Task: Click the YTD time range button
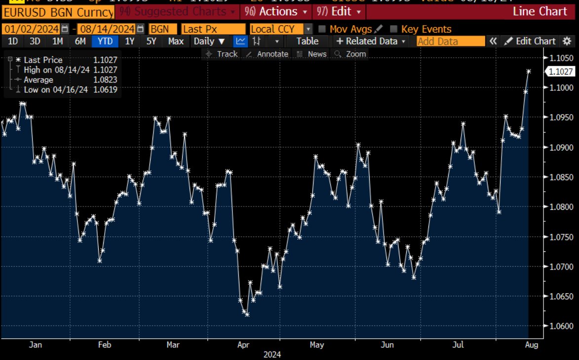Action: click(105, 41)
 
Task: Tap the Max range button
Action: click(176, 41)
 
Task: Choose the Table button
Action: click(307, 41)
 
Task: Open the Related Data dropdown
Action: click(372, 41)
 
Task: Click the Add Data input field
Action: click(450, 41)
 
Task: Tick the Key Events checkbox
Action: click(393, 29)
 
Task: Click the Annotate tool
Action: click(267, 54)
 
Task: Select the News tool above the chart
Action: click(312, 54)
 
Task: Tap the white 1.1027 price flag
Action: click(561, 72)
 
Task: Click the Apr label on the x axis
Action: click(243, 345)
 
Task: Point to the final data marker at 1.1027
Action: click(529, 72)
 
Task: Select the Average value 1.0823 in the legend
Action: click(105, 80)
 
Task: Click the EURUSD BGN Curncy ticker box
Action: click(57, 11)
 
